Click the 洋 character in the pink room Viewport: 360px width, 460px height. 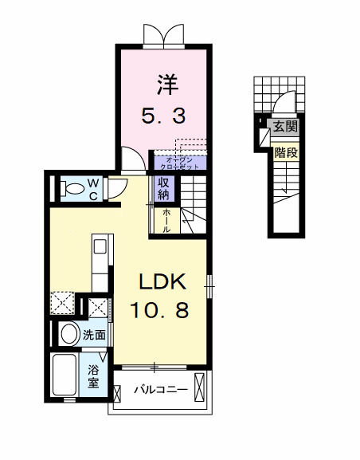click(x=165, y=84)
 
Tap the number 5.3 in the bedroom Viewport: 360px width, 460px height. click(x=165, y=116)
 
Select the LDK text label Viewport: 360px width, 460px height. click(x=163, y=281)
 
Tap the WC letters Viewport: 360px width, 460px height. click(x=93, y=189)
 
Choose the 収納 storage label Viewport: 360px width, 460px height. click(x=163, y=189)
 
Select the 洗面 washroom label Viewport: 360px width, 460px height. click(x=95, y=335)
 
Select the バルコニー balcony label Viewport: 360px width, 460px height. click(x=160, y=391)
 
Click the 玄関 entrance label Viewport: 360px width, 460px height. click(x=284, y=125)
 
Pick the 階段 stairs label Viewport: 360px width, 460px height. click(x=286, y=151)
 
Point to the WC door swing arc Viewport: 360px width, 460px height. click(x=116, y=187)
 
